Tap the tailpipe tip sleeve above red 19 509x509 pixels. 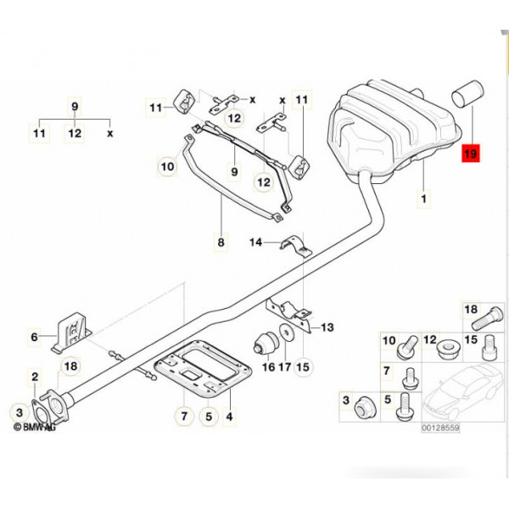[x=468, y=92]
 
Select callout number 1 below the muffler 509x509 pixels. [x=423, y=199]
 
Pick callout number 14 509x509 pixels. [x=257, y=243]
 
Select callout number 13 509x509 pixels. [x=327, y=327]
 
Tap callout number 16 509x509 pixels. [x=268, y=367]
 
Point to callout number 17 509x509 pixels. [x=285, y=367]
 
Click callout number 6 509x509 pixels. [x=35, y=338]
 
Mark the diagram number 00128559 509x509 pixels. [x=440, y=429]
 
